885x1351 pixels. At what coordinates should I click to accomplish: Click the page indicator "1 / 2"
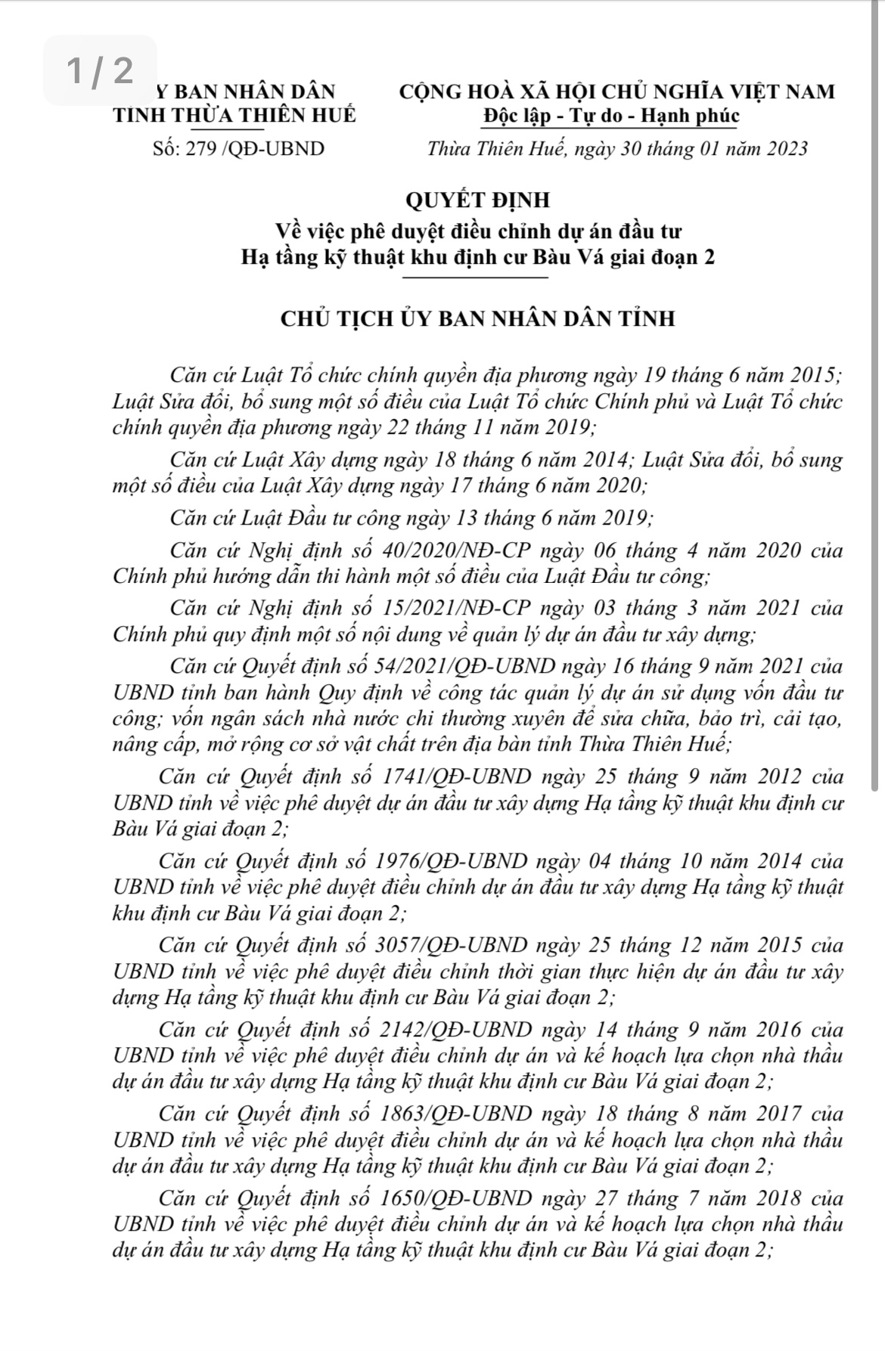click(x=99, y=70)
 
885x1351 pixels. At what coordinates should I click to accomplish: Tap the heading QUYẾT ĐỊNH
click(x=477, y=200)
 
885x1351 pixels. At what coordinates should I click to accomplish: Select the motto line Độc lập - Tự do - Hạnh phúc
click(x=610, y=116)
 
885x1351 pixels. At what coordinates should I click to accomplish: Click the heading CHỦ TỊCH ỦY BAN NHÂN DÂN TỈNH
click(x=477, y=318)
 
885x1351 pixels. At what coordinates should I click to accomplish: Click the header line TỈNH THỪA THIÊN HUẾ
click(x=234, y=116)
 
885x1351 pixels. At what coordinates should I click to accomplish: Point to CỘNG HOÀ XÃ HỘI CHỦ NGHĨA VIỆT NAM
click(x=617, y=91)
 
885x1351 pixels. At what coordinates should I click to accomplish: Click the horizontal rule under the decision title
click(x=476, y=277)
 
